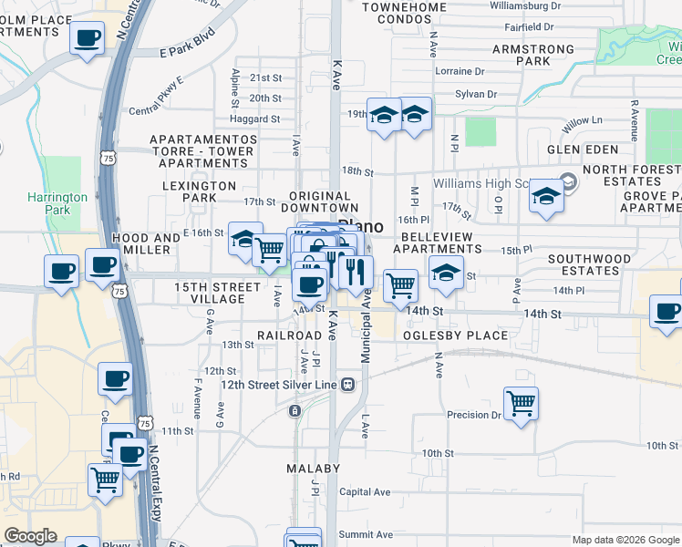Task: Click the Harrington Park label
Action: (57, 203)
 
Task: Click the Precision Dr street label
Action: (474, 415)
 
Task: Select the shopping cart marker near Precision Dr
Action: (521, 402)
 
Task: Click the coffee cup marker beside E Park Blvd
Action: (88, 38)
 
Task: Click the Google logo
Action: (30, 536)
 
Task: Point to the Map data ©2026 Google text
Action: (625, 540)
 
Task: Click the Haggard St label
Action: (255, 119)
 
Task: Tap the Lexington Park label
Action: (200, 191)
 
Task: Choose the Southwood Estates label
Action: (589, 265)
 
